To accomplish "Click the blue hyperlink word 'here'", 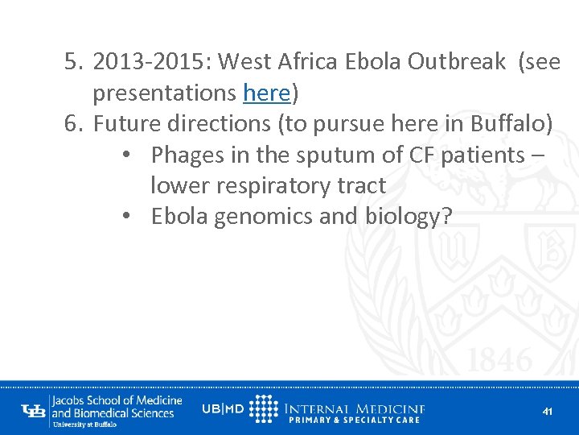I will click(266, 93).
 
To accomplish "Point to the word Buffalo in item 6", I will click(511, 124).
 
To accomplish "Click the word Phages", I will click(190, 155).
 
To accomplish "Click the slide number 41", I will click(548, 412).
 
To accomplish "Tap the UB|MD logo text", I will click(223, 409).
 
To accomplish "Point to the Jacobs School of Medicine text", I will click(117, 400).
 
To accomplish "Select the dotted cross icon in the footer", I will click(264, 409).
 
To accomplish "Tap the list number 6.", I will click(72, 124).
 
